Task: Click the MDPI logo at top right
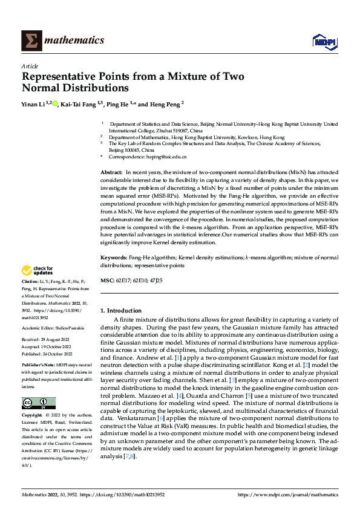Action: click(324, 41)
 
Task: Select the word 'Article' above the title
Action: click(30, 66)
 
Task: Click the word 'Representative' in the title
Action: click(59, 77)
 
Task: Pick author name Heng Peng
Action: click(165, 105)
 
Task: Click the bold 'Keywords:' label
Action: click(114, 258)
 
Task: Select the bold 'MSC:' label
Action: click(106, 282)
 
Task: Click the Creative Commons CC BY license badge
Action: click(38, 403)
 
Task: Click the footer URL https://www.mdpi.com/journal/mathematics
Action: click(287, 495)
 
